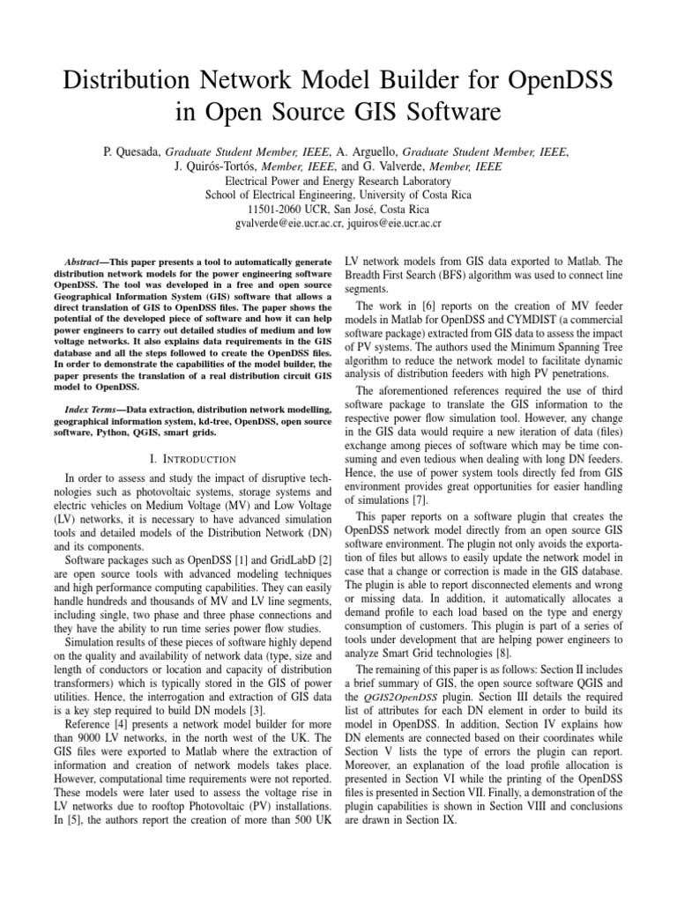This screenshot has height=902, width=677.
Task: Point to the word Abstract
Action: click(87, 263)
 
